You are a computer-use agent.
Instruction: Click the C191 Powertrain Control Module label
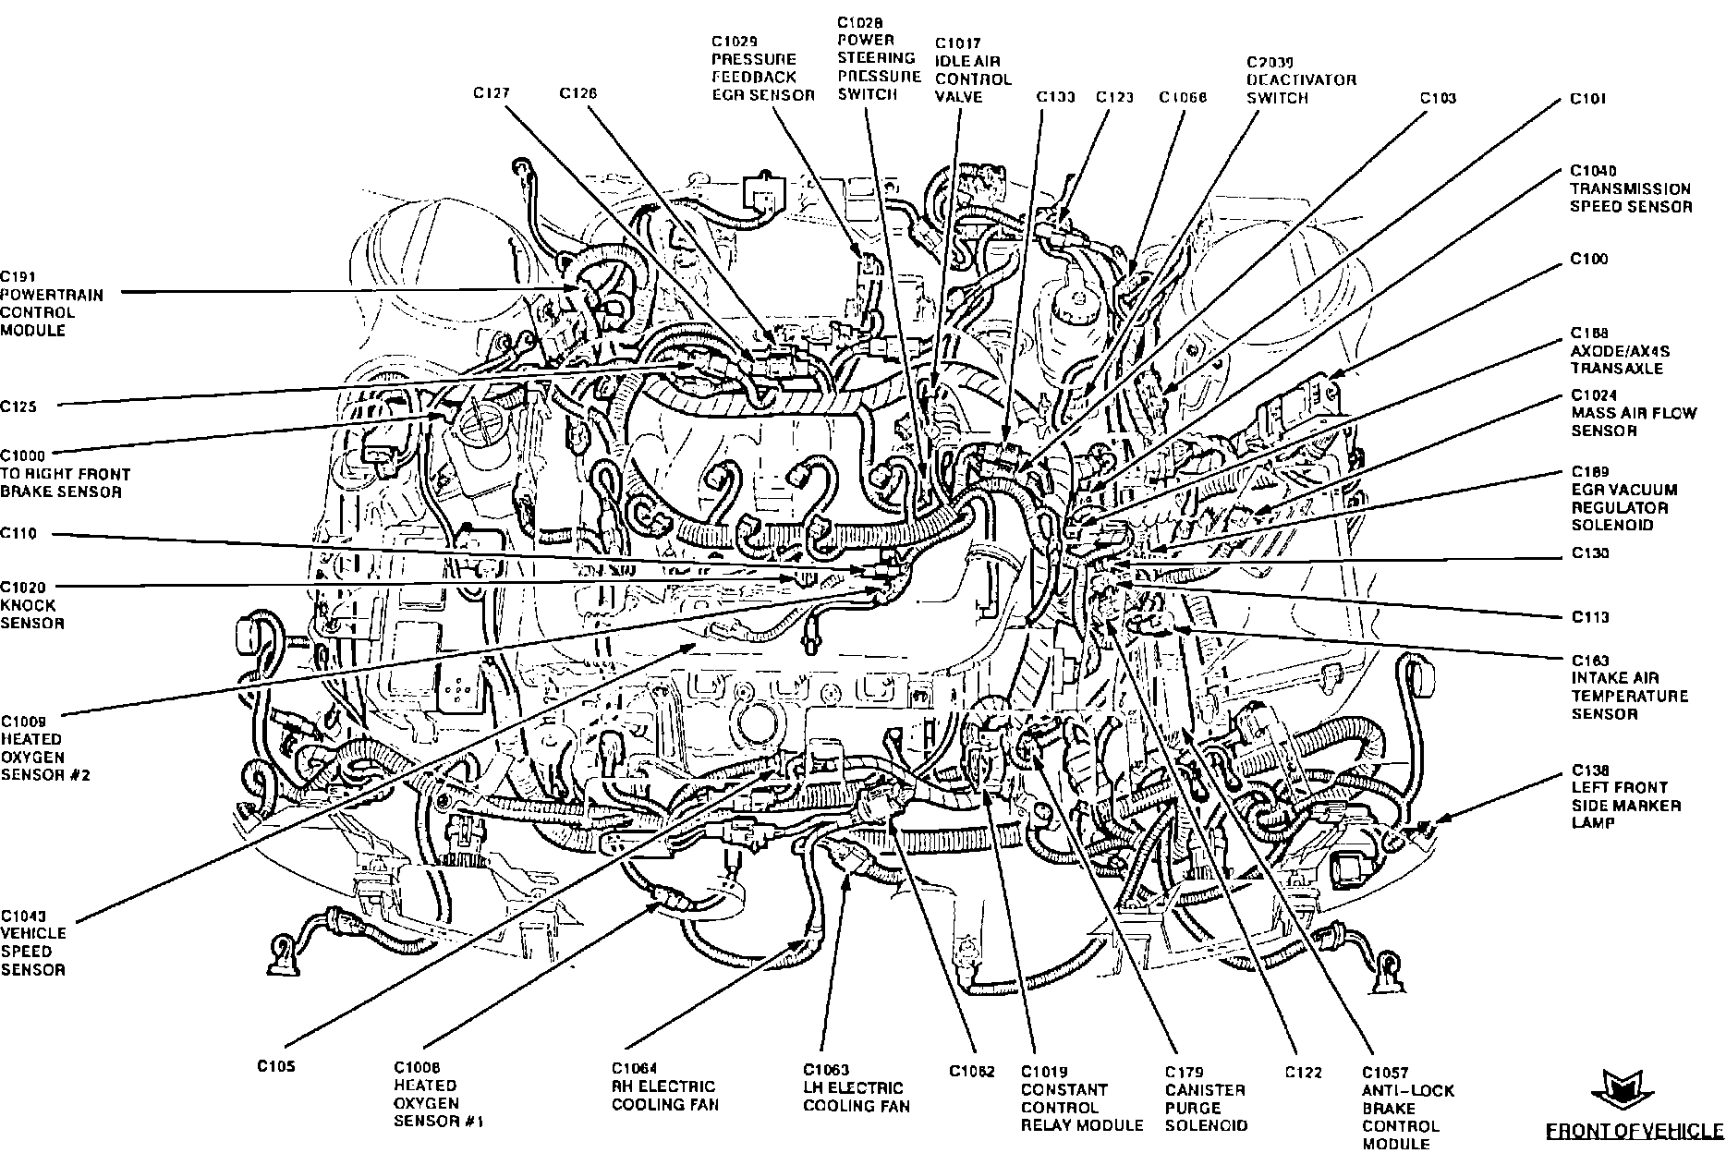tap(52, 303)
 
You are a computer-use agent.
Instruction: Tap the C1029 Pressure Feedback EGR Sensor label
tap(762, 68)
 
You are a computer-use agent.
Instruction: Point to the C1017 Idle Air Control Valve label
tap(973, 70)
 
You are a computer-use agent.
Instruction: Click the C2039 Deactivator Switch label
tap(1300, 80)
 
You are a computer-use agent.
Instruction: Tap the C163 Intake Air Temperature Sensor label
tap(1629, 686)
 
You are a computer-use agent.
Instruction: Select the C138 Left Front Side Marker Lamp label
tap(1626, 796)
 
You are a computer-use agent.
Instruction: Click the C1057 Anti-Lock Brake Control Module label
tap(1400, 1108)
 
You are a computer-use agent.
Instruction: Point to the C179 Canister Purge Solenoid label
tap(1206, 1098)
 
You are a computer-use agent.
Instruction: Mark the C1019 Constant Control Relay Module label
tap(1081, 1098)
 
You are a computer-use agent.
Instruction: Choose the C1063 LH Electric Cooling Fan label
tap(856, 1088)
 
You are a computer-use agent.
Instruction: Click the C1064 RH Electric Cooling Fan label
tap(662, 1087)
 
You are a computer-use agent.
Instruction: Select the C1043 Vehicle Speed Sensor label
tap(32, 942)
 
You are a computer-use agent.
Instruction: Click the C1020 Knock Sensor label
tap(32, 605)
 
